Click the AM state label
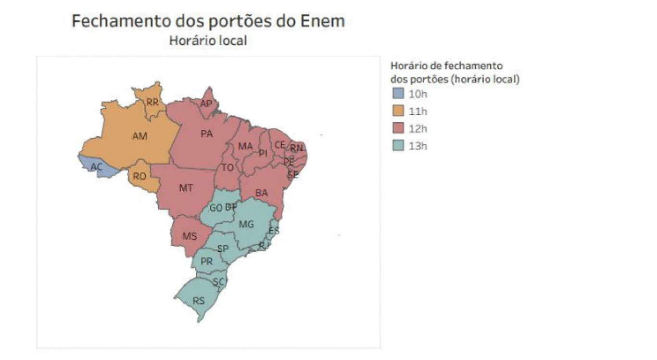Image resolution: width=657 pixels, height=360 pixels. (139, 136)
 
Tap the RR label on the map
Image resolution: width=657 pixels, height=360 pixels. (152, 102)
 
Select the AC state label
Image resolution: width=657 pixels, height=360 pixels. (97, 167)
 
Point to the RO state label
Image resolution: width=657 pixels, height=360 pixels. (139, 177)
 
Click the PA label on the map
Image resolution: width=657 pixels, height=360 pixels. (206, 134)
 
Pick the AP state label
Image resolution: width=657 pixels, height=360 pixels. (206, 104)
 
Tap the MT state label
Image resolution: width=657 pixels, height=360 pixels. (186, 188)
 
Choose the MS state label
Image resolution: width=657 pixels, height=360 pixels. (190, 236)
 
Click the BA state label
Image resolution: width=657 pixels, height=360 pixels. (262, 193)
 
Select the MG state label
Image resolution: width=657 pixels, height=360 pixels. (246, 224)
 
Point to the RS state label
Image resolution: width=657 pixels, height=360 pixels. (199, 301)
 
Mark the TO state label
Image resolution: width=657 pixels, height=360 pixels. (227, 167)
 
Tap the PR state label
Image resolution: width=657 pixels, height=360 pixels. (206, 262)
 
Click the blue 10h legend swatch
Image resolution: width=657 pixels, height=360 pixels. (398, 94)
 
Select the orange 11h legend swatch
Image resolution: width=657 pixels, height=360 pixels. (398, 111)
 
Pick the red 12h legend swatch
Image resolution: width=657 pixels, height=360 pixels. (398, 129)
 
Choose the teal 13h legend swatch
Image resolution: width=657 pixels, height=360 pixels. (398, 146)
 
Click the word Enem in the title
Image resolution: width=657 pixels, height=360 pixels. (322, 21)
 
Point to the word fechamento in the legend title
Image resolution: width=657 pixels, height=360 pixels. (473, 66)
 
